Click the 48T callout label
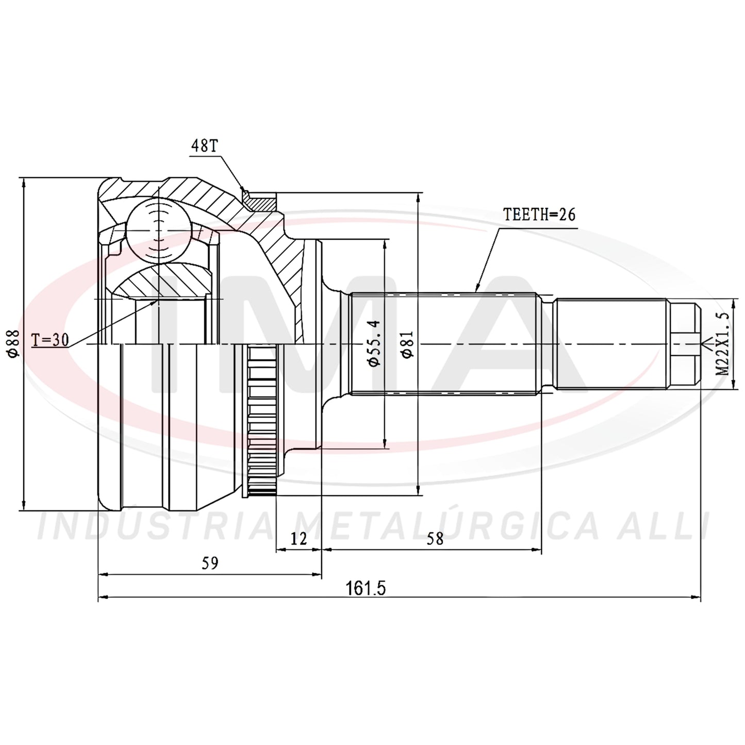click(205, 145)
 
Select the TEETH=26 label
click(539, 214)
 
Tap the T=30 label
click(50, 340)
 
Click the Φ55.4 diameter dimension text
click(375, 343)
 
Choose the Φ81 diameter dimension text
click(407, 344)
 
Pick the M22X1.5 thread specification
click(722, 344)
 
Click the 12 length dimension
click(299, 539)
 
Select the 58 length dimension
click(435, 539)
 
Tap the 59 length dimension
click(210, 563)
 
